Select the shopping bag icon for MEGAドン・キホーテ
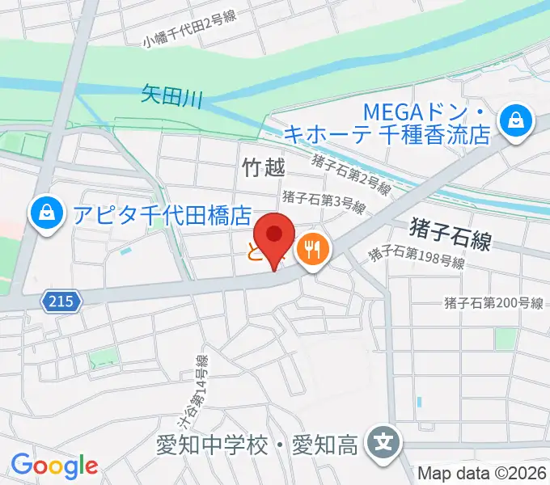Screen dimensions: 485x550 514,122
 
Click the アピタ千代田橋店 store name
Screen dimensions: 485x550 162,214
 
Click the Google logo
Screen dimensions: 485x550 54,465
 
